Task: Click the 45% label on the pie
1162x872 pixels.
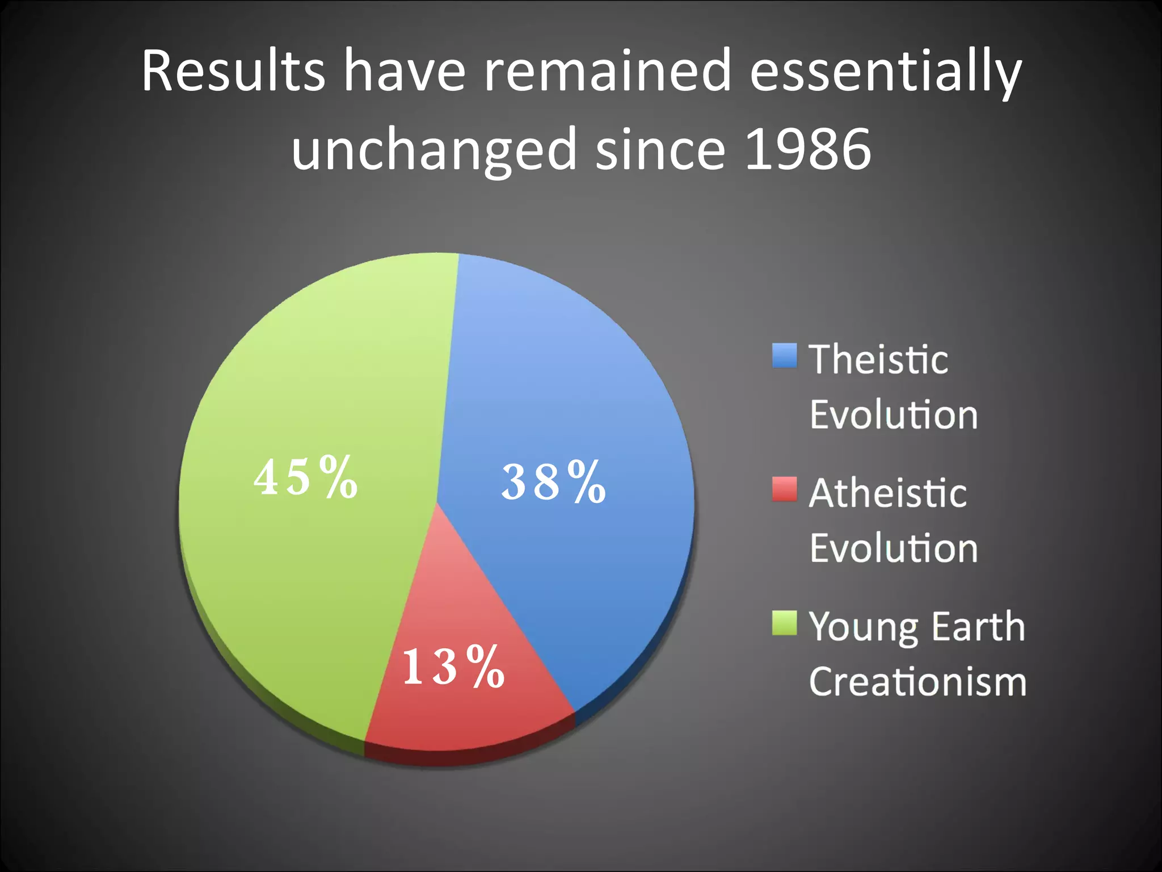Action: click(305, 477)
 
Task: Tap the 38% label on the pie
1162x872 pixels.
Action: click(553, 482)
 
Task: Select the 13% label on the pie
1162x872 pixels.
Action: click(453, 666)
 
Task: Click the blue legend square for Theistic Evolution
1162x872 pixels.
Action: click(784, 356)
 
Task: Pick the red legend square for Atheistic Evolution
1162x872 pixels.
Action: click(784, 489)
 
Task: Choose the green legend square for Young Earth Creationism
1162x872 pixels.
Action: click(784, 623)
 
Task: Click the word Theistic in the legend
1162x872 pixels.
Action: click(878, 360)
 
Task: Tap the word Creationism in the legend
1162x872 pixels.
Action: click(917, 681)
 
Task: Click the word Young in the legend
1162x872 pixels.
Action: click(862, 628)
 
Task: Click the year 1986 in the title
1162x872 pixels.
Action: click(808, 149)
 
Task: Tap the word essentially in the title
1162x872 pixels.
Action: click(885, 73)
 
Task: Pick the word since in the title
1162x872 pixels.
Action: click(660, 149)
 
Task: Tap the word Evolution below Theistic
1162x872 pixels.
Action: click(894, 415)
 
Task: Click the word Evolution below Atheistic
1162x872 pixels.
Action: click(894, 548)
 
